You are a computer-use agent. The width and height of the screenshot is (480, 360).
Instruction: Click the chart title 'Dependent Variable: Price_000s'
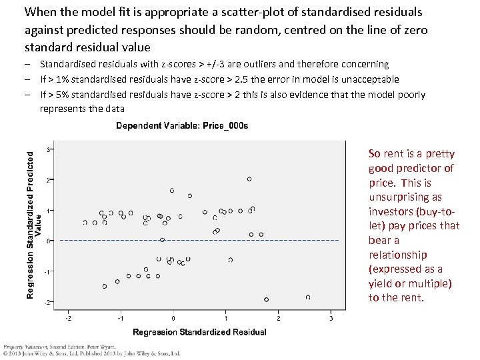182,125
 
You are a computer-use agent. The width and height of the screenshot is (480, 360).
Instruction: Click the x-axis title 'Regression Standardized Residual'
199,332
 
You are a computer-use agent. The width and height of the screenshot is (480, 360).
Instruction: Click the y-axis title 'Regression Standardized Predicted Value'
33,223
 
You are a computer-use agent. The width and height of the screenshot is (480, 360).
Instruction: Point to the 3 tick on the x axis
331,318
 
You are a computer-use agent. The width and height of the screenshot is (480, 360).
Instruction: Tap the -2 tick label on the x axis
68,318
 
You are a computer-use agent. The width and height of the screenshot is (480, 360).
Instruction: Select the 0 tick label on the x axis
173,318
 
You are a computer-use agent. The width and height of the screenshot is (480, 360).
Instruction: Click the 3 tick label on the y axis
47,149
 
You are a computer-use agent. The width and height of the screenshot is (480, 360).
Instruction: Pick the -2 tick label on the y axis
46,303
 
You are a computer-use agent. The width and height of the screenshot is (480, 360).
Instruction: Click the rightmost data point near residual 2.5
308,297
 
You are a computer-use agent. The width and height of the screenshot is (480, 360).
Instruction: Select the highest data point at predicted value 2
249,179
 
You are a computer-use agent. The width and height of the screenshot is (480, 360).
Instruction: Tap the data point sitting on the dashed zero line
162,240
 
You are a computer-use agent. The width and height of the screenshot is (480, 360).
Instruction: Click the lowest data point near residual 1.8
267,299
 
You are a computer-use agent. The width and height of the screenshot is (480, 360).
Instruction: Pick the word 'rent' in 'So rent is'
393,154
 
